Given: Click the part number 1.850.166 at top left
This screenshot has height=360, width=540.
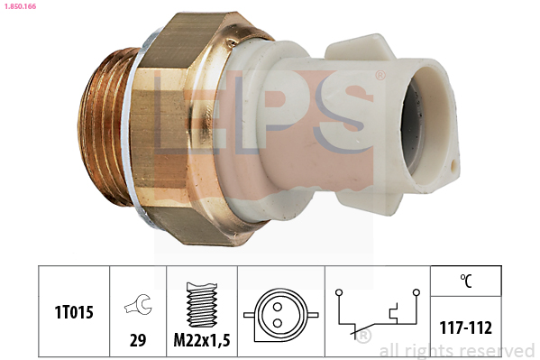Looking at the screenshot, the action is click(x=20, y=6).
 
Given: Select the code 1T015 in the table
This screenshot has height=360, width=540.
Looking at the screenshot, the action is click(x=74, y=312).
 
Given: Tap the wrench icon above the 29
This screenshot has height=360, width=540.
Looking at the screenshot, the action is click(x=138, y=304).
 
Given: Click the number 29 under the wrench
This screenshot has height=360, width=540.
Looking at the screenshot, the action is click(x=138, y=340).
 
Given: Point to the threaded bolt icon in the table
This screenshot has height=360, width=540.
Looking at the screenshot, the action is click(x=202, y=304).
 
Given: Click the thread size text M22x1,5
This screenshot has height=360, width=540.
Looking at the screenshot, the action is click(x=202, y=340).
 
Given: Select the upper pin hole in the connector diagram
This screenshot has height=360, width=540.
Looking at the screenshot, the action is click(x=278, y=307).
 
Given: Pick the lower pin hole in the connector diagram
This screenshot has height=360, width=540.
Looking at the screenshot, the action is click(x=278, y=323).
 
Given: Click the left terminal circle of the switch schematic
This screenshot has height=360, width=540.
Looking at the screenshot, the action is click(x=339, y=292).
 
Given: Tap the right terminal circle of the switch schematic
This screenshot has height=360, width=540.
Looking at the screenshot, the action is click(x=416, y=292).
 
